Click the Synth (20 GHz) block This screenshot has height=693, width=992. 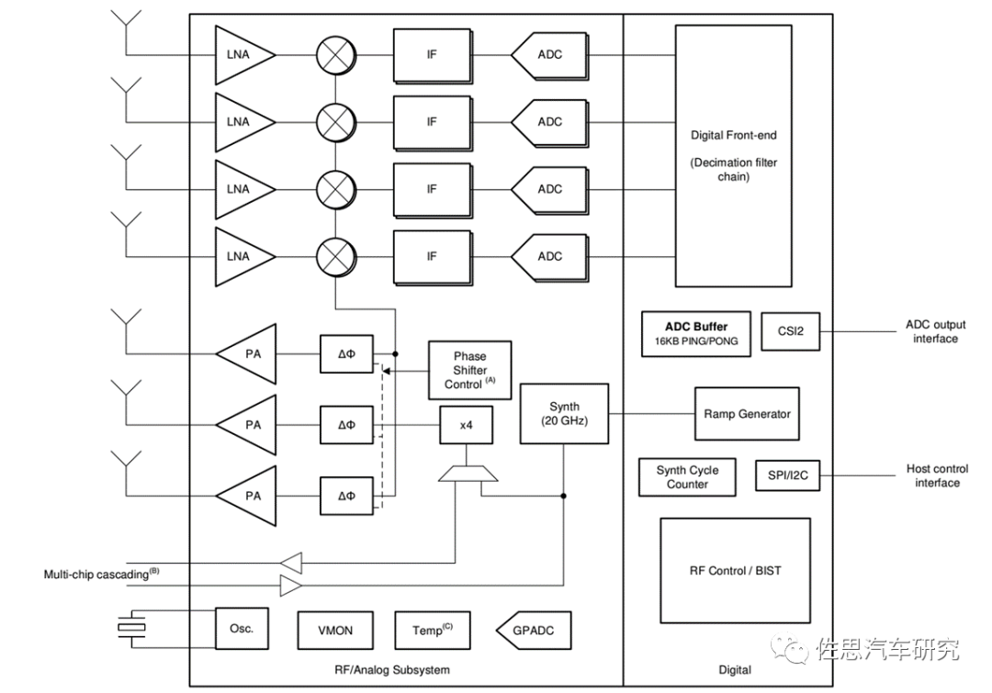click(x=564, y=414)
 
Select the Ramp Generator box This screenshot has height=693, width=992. click(x=747, y=414)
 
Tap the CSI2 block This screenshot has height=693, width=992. click(x=790, y=331)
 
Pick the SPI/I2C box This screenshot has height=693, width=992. click(x=787, y=475)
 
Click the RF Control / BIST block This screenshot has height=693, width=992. click(x=735, y=570)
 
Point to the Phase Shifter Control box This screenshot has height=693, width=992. click(x=469, y=370)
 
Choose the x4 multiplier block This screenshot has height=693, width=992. click(x=466, y=425)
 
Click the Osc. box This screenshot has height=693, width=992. click(x=241, y=630)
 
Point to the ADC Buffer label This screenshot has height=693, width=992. click(x=696, y=327)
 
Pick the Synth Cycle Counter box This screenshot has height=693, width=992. click(x=687, y=476)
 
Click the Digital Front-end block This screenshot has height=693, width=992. click(x=733, y=155)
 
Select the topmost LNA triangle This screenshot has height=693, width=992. click(x=242, y=55)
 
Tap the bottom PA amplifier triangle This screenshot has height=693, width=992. click(x=248, y=496)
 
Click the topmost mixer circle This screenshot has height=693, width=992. click(x=335, y=55)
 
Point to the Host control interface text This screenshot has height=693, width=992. click(x=937, y=475)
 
